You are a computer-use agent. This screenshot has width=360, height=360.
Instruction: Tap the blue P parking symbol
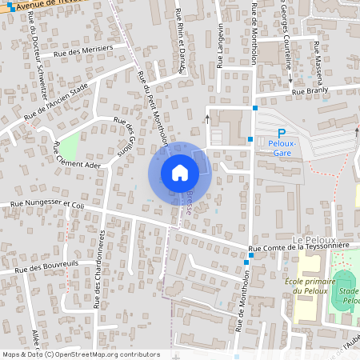281,134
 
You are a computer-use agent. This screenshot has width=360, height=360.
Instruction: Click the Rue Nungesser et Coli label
47,205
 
